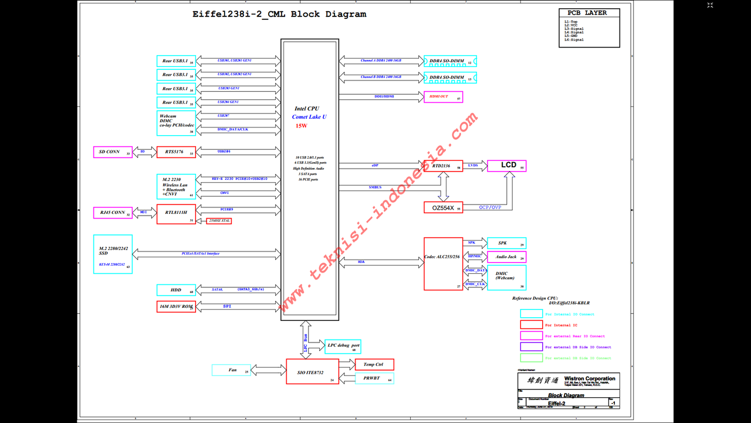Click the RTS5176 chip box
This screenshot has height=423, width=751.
[176, 152]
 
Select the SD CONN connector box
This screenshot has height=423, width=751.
[113, 152]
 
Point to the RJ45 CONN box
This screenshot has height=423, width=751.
[113, 213]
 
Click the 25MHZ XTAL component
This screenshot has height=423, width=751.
[219, 221]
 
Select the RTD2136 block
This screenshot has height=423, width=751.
[443, 166]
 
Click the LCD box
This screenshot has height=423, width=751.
[506, 166]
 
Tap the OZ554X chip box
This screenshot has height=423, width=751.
[443, 207]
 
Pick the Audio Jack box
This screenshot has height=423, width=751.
[506, 257]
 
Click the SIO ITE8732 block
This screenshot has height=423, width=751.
[313, 371]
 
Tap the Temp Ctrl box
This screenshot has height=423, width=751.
[374, 365]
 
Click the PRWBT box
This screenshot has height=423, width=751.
[374, 378]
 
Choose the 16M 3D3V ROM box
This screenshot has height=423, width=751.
[176, 307]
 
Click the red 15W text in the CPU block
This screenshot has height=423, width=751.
[301, 126]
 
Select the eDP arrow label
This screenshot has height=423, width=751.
[375, 166]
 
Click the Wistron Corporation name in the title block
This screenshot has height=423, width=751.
[590, 379]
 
